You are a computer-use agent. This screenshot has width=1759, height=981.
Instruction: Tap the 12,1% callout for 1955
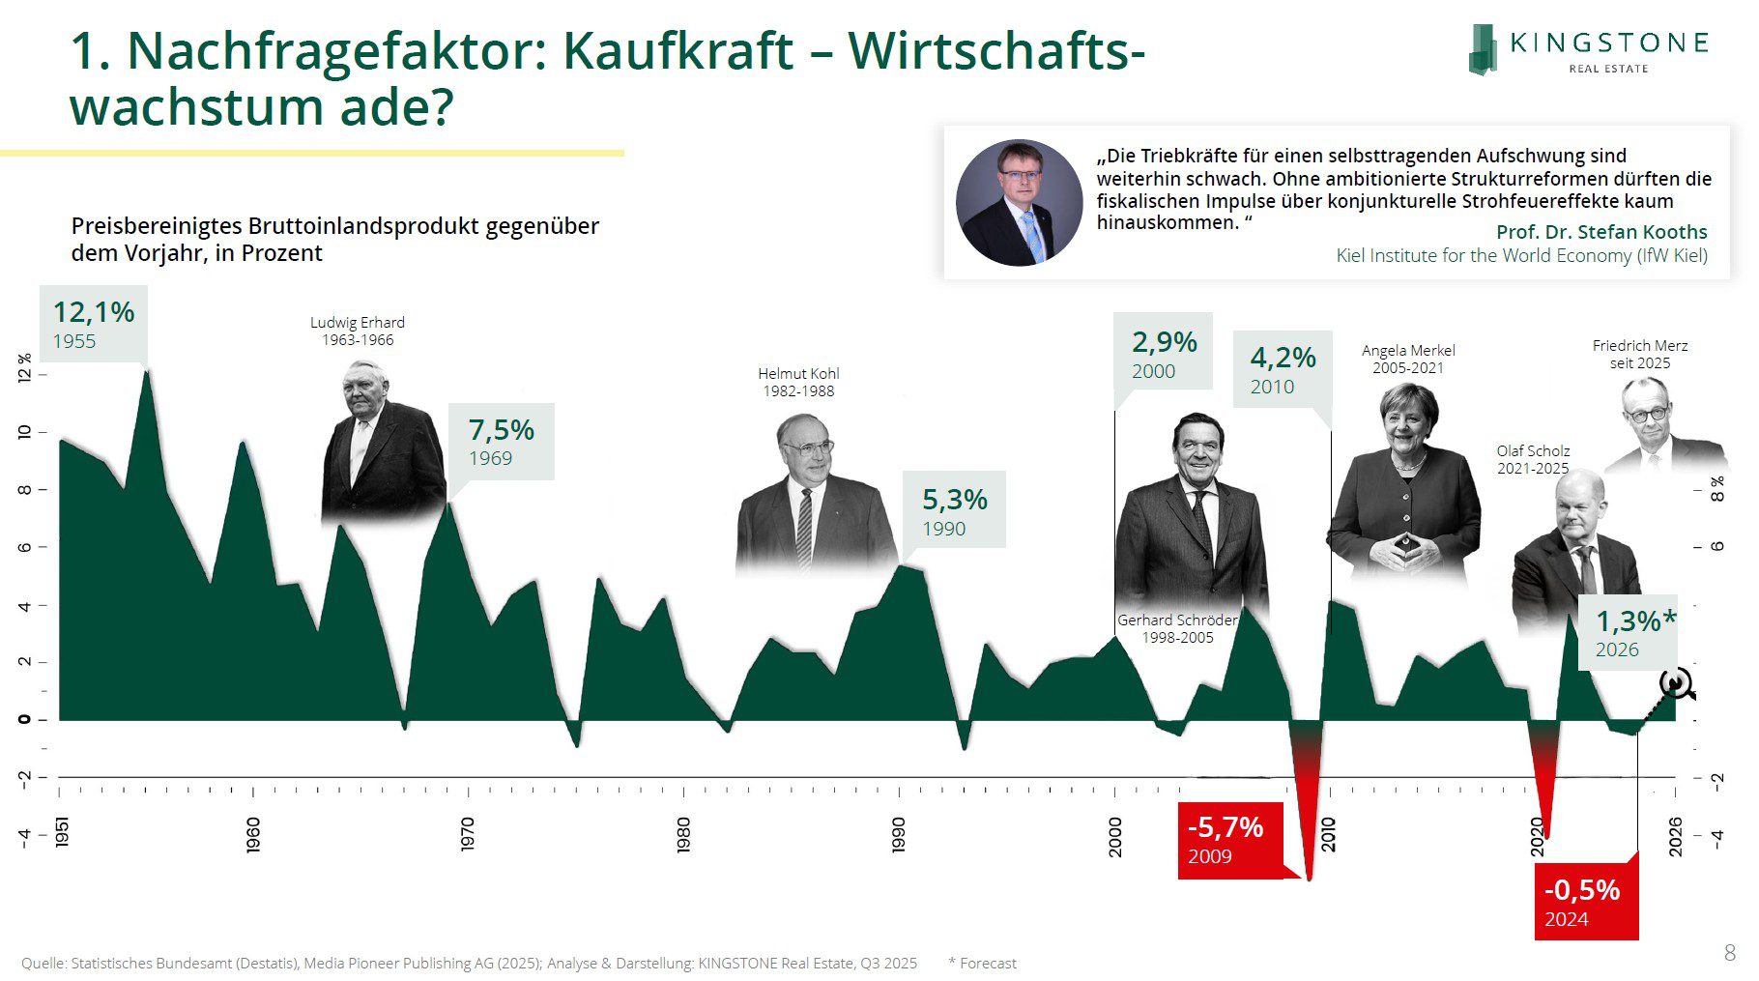pyautogui.click(x=94, y=324)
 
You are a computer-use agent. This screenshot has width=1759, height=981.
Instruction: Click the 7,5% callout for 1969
pyautogui.click(x=502, y=441)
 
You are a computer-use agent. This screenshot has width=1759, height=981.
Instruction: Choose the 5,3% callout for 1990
pyautogui.click(x=954, y=510)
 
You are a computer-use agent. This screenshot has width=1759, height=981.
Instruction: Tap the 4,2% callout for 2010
pyautogui.click(x=1283, y=369)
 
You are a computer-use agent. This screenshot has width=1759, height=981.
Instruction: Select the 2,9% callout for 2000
pyautogui.click(x=1164, y=354)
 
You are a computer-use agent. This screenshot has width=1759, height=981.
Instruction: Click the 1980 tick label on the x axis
pyautogui.click(x=684, y=834)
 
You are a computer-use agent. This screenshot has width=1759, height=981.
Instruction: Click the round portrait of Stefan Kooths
pyautogui.click(x=1019, y=203)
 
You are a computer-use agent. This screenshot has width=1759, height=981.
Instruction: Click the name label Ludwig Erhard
pyautogui.click(x=357, y=323)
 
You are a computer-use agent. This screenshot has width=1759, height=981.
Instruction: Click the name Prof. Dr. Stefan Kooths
pyautogui.click(x=1600, y=232)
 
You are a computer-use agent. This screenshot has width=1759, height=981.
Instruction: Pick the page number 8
pyautogui.click(x=1729, y=953)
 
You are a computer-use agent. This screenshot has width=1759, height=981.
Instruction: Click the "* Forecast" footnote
pyautogui.click(x=982, y=963)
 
